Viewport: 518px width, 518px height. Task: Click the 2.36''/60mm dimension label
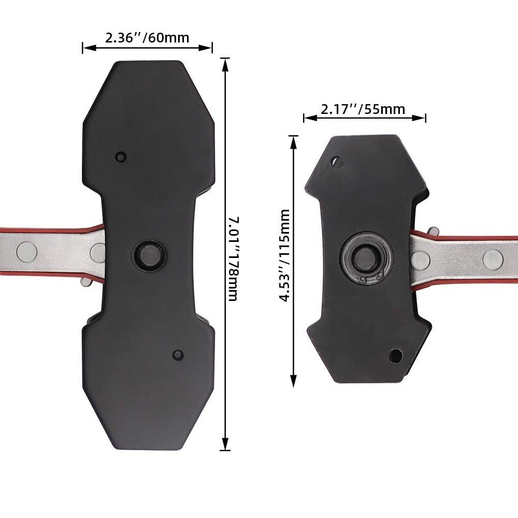tap(147, 38)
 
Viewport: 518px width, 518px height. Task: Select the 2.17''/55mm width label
tap(363, 109)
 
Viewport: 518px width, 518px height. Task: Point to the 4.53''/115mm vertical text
tap(284, 255)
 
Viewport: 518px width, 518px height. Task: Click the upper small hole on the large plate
tap(121, 156)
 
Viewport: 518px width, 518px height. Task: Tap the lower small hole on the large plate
tap(178, 355)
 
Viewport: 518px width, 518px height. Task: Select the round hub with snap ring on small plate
tap(366, 257)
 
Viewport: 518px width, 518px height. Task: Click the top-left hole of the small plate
tap(337, 163)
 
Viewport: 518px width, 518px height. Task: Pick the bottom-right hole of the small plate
tap(395, 355)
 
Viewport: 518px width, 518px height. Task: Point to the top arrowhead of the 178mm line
tap(225, 63)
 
